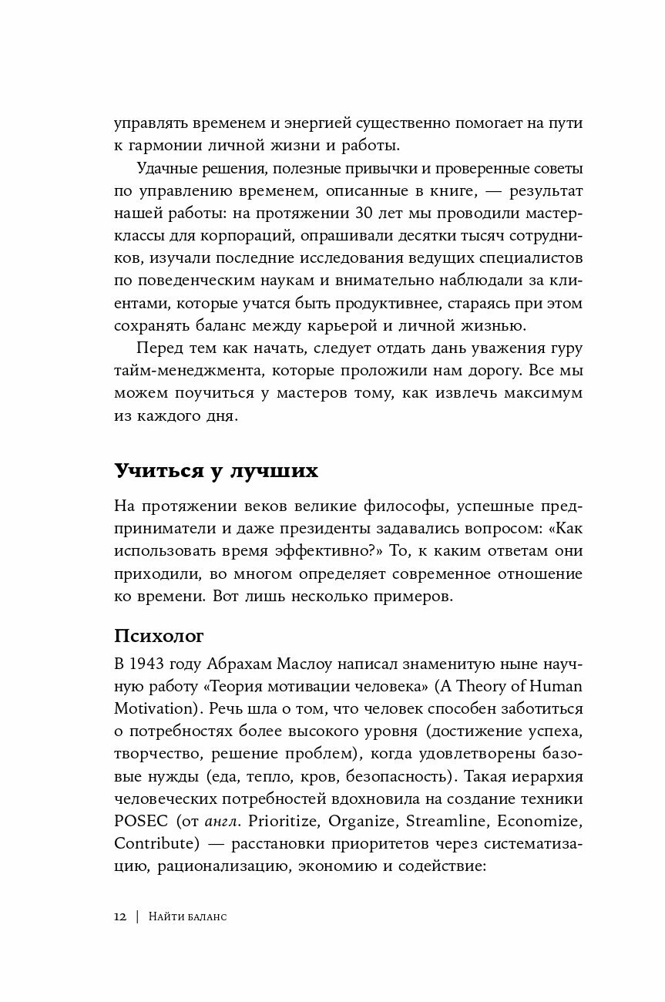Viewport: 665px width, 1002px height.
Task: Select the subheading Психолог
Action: pos(160,636)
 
